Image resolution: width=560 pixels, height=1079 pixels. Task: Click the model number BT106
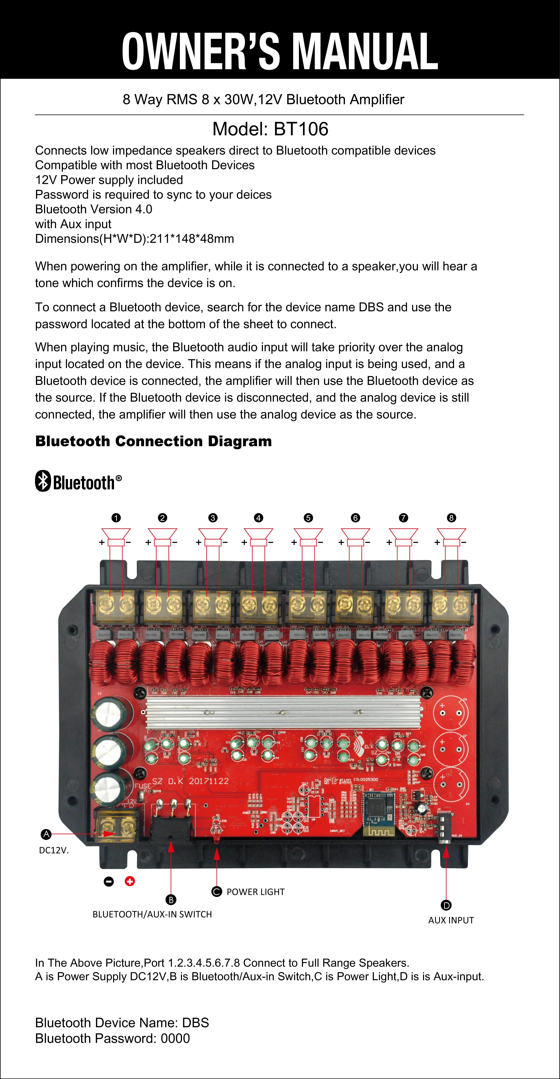click(x=301, y=129)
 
